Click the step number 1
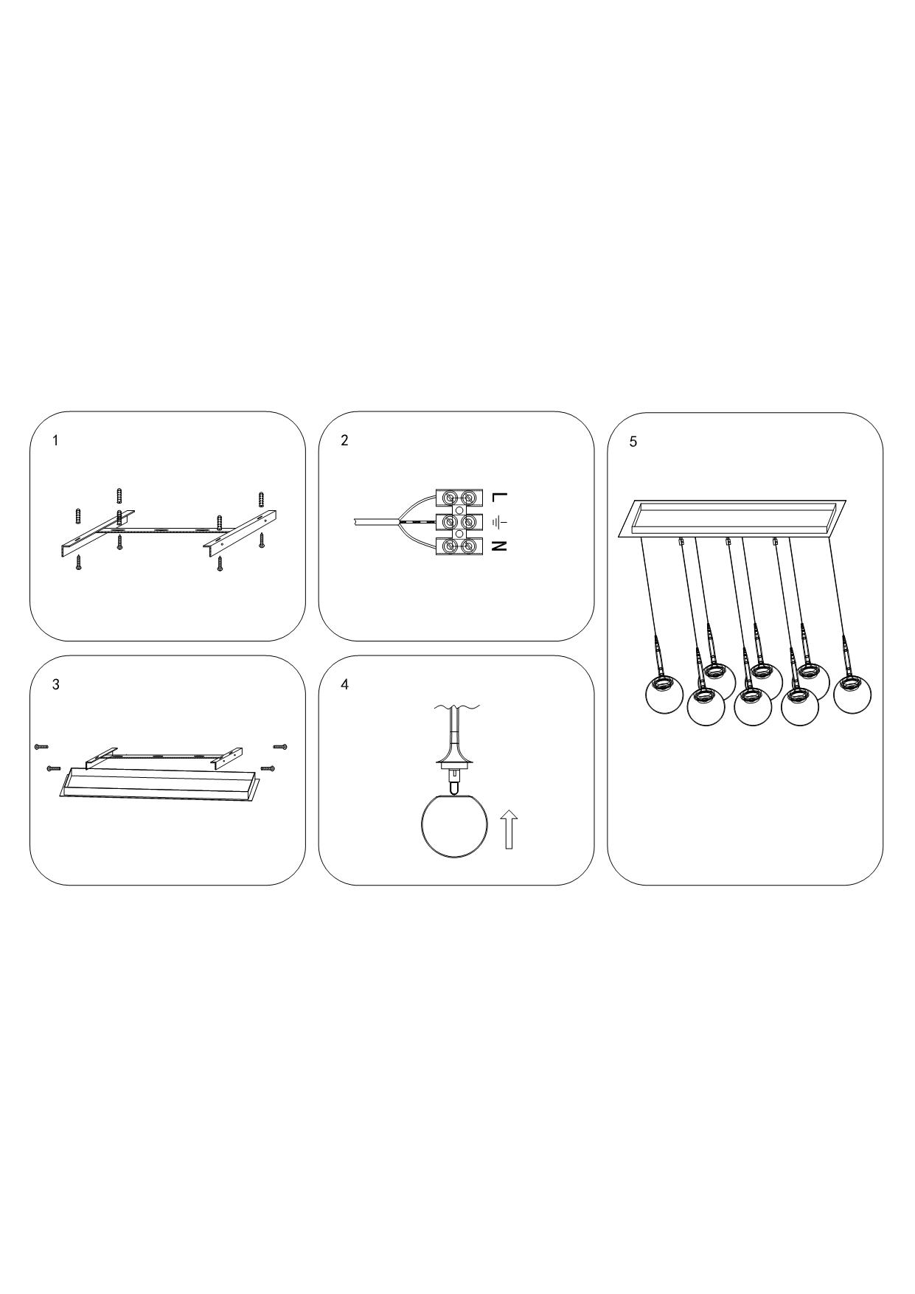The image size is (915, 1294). tap(55, 441)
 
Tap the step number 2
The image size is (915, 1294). tap(344, 441)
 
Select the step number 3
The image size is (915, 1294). tap(55, 684)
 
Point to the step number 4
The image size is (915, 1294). tap(344, 684)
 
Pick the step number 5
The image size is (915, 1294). tap(633, 442)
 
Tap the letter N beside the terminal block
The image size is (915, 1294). tap(500, 546)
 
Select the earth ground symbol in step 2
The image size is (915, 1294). tap(499, 522)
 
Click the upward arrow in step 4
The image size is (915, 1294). tap(509, 829)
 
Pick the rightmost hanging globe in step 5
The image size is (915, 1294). tap(854, 694)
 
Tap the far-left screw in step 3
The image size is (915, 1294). tap(41, 747)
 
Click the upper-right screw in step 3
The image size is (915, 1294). tap(280, 747)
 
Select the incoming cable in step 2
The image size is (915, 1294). tap(376, 522)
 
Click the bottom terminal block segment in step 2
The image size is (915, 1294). tap(457, 546)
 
